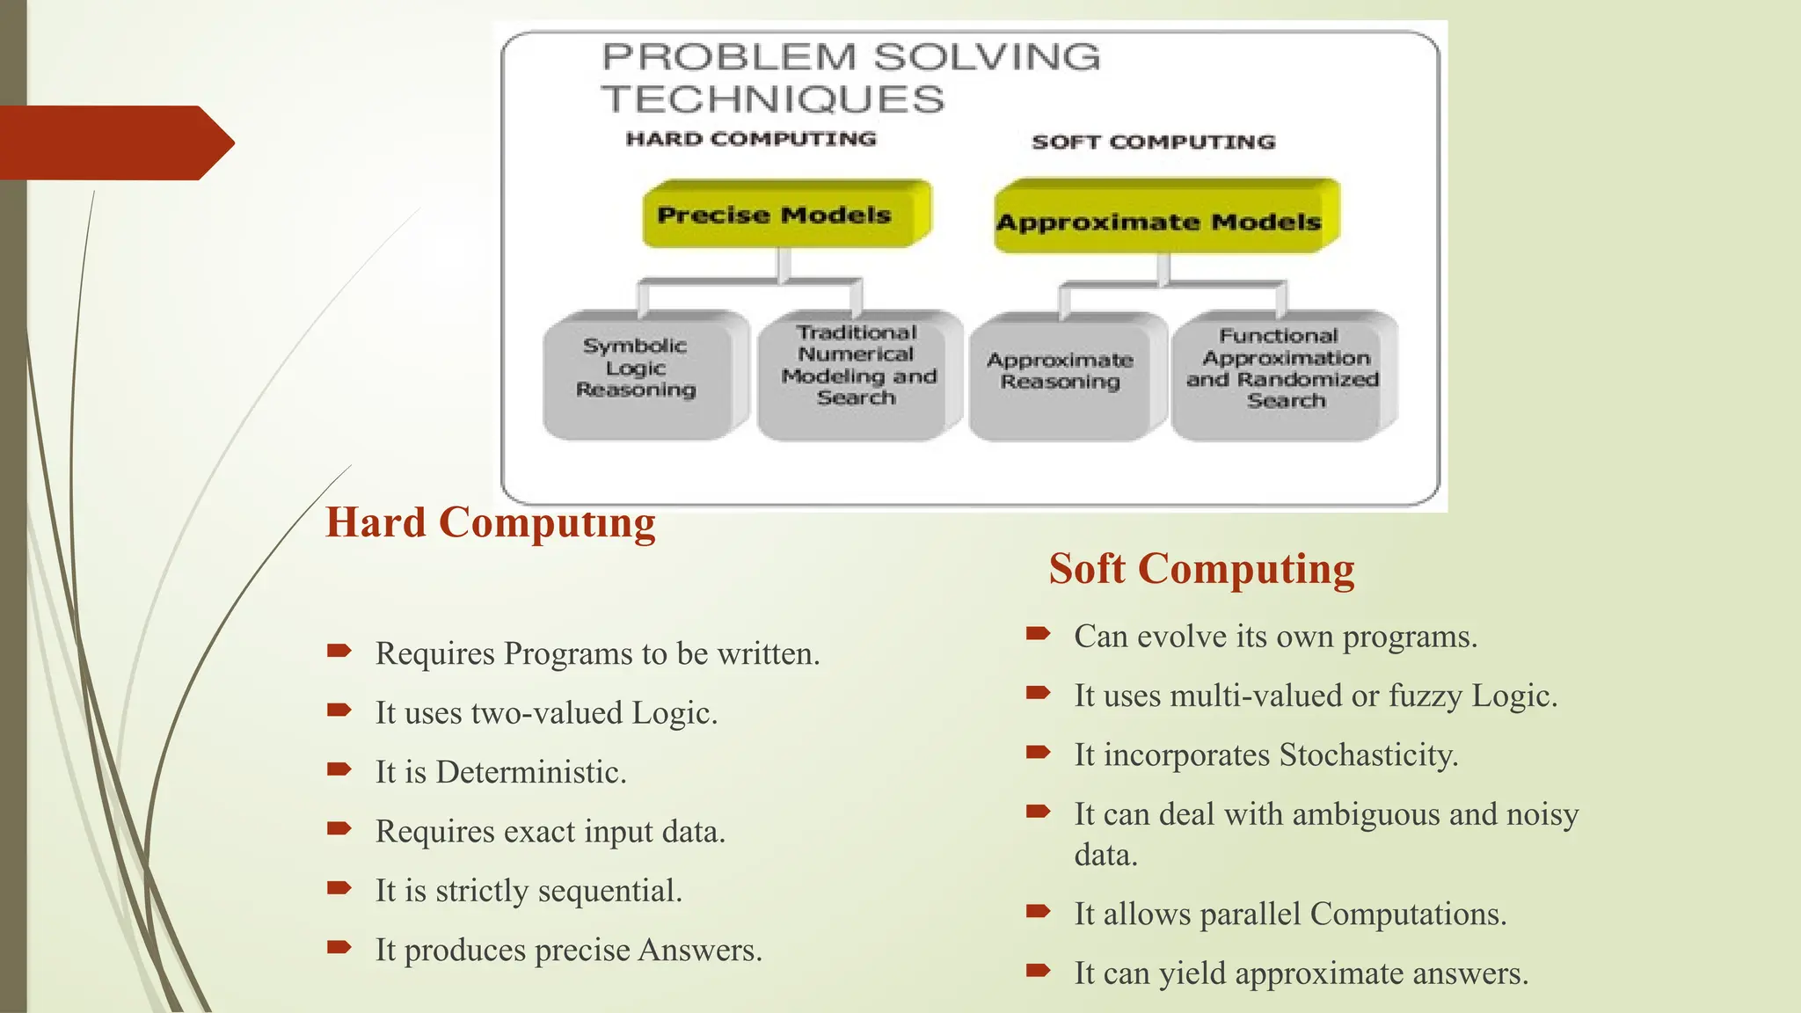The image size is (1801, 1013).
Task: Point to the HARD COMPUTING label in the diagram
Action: tap(750, 139)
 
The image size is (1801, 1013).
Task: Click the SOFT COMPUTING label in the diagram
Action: tap(1153, 142)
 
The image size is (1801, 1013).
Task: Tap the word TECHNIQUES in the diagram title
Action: tap(772, 98)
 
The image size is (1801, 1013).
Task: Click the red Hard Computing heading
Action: tap(490, 522)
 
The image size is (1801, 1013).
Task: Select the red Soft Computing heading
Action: tap(1201, 568)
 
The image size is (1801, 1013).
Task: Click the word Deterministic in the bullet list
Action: tap(530, 772)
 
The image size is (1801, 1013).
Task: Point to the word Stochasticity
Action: tap(1368, 755)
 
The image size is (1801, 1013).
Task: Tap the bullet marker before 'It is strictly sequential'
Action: tap(339, 888)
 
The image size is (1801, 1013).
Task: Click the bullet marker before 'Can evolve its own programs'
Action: tap(1038, 633)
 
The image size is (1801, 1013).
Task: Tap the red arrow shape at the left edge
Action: tap(114, 142)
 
